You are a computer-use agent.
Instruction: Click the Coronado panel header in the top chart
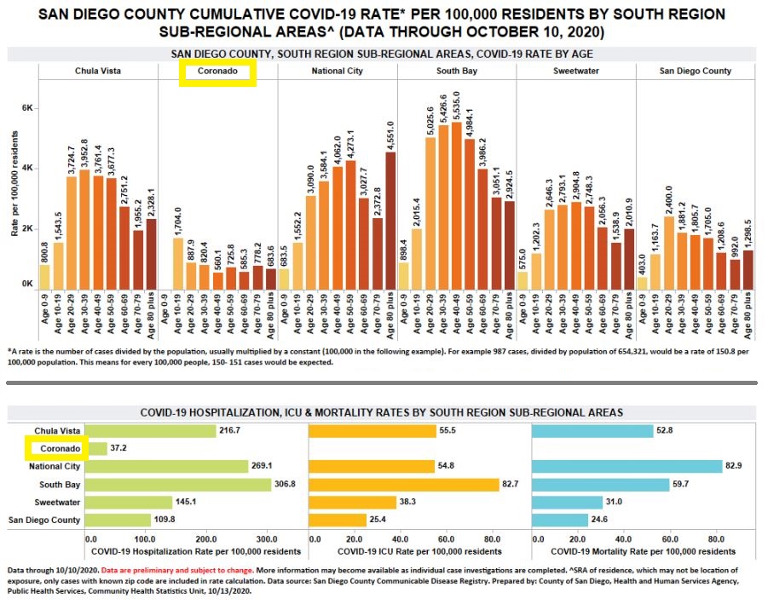[218, 72]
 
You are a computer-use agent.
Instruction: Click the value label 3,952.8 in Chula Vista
[84, 153]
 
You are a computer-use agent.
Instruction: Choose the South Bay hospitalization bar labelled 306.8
[178, 485]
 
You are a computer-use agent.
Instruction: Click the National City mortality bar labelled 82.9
[626, 467]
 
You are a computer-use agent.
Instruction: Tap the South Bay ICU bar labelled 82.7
[403, 485]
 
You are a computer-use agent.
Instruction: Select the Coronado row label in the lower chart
[56, 448]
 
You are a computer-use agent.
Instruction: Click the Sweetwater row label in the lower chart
[58, 502]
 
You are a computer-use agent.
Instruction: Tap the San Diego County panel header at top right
[696, 72]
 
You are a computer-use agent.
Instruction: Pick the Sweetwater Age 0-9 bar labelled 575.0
[523, 280]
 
